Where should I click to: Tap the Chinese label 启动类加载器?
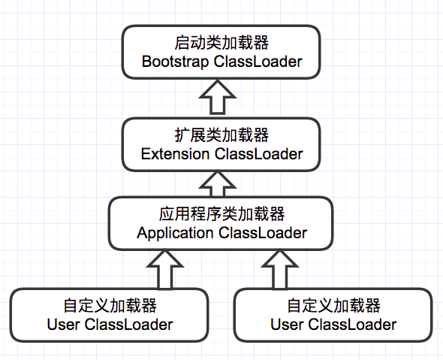(x=221, y=43)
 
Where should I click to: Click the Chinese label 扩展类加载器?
(x=222, y=135)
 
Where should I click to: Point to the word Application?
(x=175, y=232)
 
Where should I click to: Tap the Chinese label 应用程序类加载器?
(x=221, y=213)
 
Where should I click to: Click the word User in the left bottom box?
(x=62, y=325)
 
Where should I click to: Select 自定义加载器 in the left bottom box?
(x=110, y=306)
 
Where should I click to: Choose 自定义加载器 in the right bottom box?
(x=333, y=306)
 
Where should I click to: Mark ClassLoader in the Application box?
(x=262, y=232)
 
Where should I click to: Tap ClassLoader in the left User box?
(x=128, y=325)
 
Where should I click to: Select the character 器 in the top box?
(x=259, y=43)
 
